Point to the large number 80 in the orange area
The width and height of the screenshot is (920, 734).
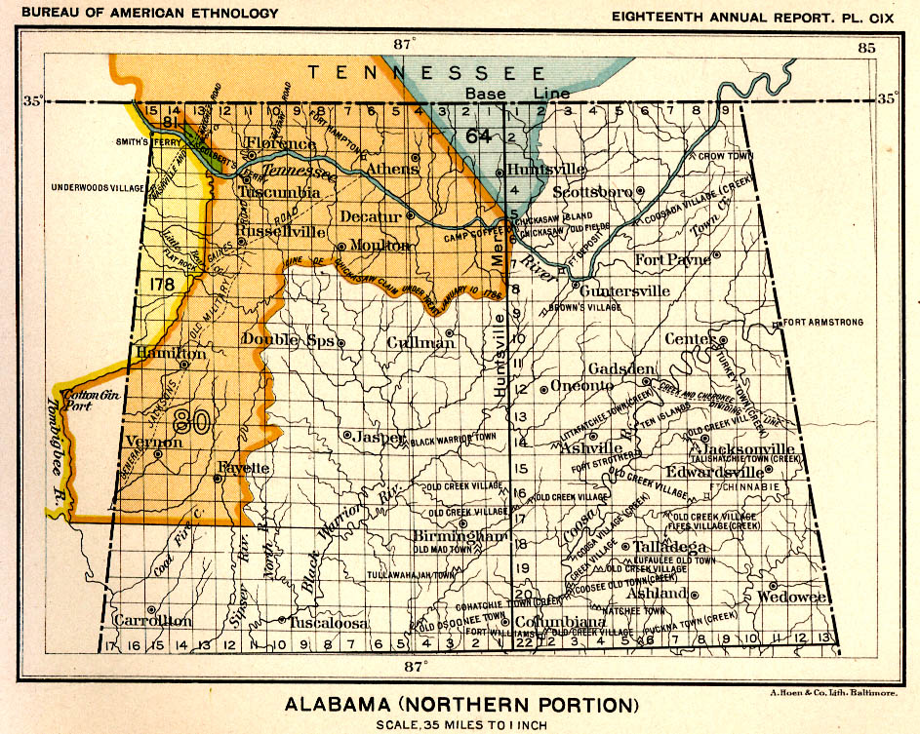coord(192,421)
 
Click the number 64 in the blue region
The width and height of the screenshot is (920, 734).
coord(479,135)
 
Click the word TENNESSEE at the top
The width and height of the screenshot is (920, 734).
coord(427,72)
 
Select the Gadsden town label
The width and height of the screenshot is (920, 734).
coord(621,368)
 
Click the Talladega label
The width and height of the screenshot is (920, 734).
coord(668,547)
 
